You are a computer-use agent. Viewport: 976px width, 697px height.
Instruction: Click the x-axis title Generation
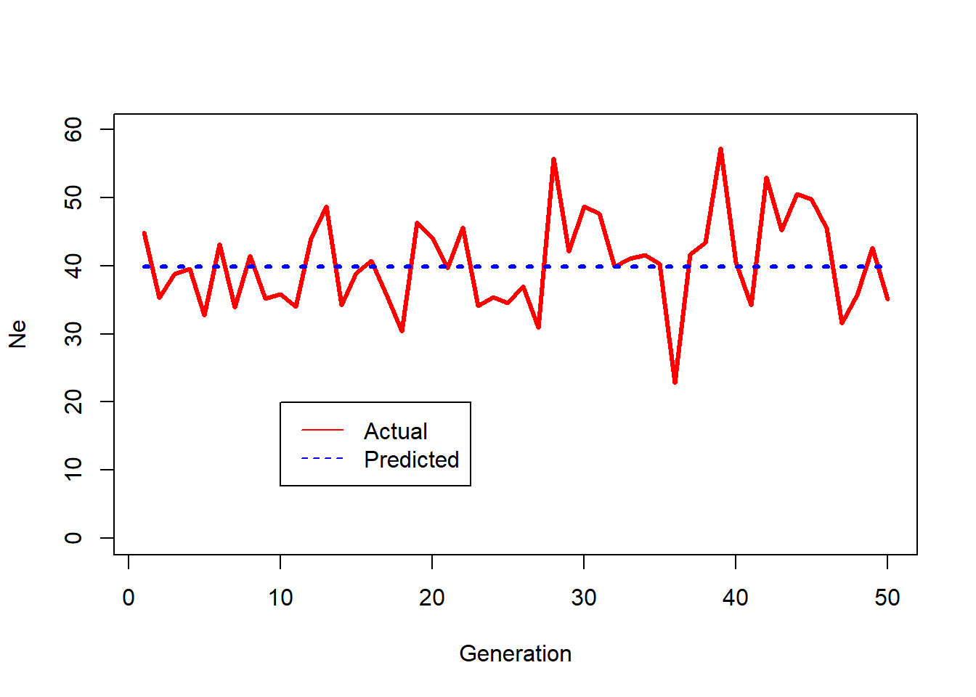[515, 653]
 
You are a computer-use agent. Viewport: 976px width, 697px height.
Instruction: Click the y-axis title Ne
[17, 334]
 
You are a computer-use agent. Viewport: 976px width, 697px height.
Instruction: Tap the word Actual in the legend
[395, 431]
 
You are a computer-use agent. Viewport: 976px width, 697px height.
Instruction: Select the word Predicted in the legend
[411, 460]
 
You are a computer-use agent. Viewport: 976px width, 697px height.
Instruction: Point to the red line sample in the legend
[322, 431]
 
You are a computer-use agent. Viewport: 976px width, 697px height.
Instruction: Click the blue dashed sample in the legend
[322, 459]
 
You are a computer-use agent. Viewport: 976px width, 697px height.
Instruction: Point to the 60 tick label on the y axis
[73, 129]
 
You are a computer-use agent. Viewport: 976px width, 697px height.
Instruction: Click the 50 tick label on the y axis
[73, 197]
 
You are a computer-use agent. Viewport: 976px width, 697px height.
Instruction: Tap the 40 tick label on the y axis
[73, 266]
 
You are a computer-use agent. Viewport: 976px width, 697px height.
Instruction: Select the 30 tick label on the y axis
[73, 334]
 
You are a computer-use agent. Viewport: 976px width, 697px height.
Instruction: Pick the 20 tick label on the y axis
[73, 402]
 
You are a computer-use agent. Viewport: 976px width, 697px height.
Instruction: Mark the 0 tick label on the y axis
[73, 538]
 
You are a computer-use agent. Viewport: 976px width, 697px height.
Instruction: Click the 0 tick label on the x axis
[129, 598]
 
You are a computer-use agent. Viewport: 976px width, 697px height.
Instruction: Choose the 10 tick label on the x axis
[280, 598]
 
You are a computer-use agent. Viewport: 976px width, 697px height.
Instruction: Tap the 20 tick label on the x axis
[432, 598]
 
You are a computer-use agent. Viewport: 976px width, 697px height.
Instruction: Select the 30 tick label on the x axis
[584, 598]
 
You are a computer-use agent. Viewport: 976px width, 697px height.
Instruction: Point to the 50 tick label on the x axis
[887, 598]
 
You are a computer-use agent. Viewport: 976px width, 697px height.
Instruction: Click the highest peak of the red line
[720, 150]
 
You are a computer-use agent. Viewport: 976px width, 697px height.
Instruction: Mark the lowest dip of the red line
[675, 382]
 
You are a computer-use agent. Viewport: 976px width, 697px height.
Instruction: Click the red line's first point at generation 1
[144, 233]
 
